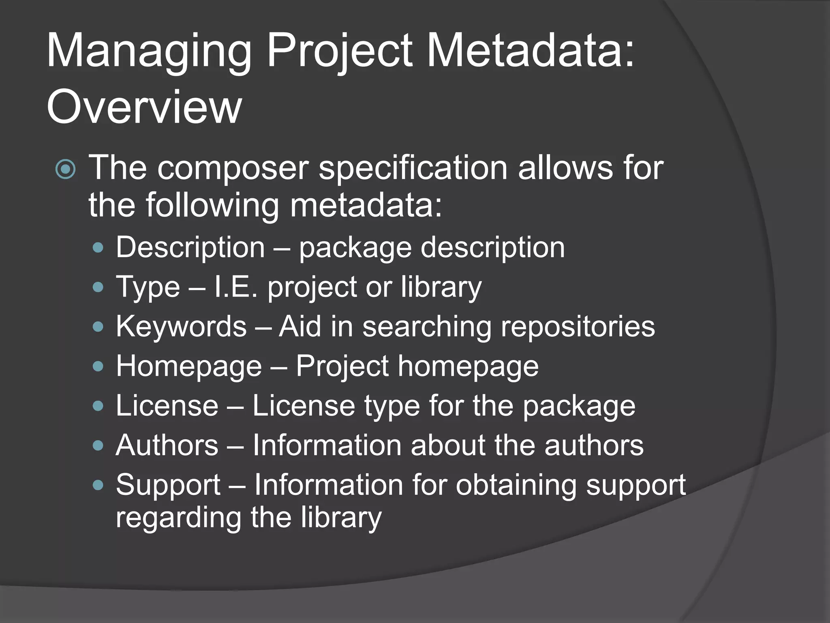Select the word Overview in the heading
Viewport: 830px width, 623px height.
click(144, 107)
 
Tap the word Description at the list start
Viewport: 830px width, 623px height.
click(190, 247)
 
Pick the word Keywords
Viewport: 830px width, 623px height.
click(181, 326)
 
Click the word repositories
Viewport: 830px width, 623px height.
click(578, 326)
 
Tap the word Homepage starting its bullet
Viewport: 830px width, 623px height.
click(189, 366)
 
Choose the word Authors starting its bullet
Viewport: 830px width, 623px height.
click(167, 445)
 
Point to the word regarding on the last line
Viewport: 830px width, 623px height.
click(178, 518)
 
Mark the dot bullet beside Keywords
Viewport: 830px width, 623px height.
click(98, 327)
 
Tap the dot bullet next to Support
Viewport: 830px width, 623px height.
click(98, 485)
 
